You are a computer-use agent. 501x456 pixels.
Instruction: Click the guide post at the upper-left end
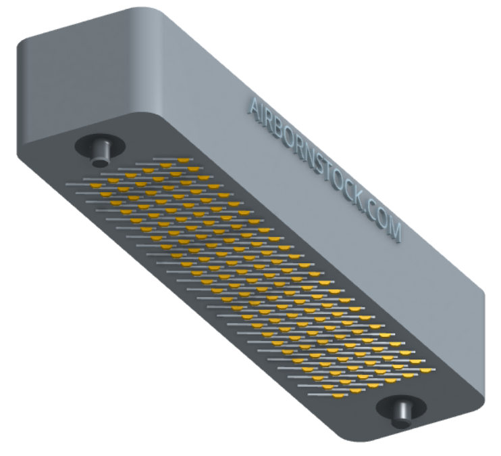[101, 154]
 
